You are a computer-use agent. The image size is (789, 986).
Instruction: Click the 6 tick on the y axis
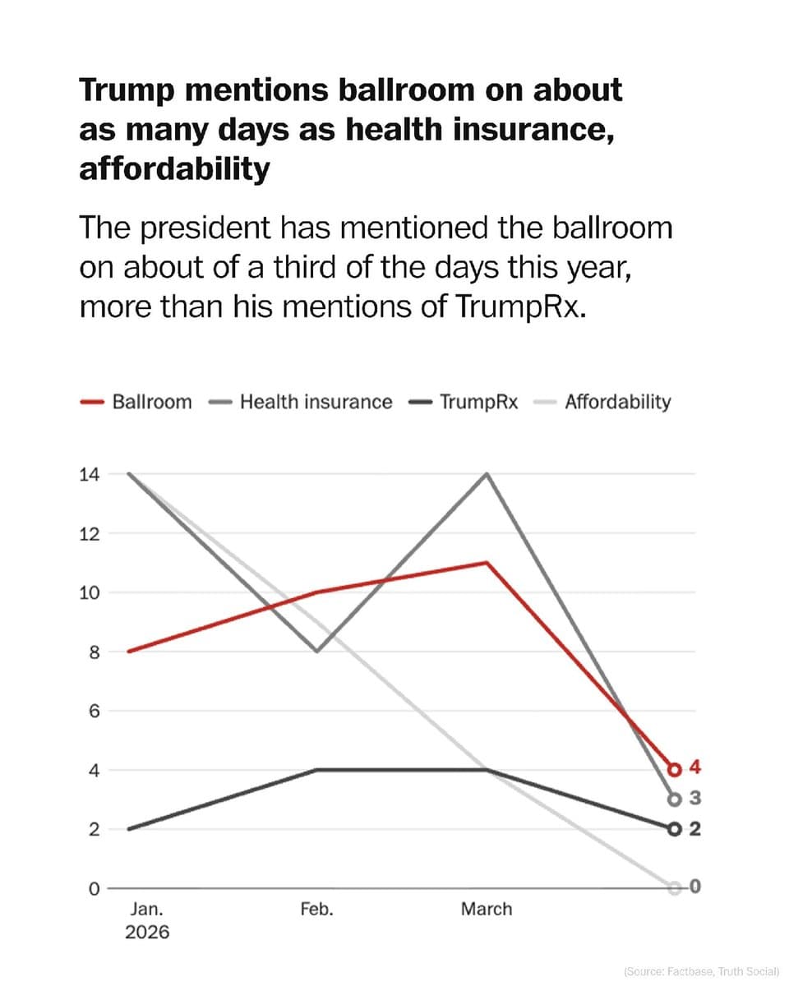coord(94,711)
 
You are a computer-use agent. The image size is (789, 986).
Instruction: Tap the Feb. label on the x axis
coord(317,910)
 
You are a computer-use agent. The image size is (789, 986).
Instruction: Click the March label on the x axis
coord(486,910)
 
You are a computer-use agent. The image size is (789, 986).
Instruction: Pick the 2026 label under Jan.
coord(147,933)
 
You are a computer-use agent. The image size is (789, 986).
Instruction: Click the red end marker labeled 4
coord(675,770)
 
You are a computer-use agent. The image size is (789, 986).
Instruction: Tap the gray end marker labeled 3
coord(675,799)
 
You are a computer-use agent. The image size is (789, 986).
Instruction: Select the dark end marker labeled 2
coord(675,829)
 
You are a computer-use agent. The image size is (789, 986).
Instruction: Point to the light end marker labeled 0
coord(675,888)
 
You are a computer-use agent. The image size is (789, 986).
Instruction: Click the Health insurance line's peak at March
coord(488,474)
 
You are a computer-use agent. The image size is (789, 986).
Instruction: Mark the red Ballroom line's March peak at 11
coord(488,563)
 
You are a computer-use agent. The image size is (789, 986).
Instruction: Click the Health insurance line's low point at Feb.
coord(317,651)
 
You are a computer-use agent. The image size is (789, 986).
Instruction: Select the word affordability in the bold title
coord(174,168)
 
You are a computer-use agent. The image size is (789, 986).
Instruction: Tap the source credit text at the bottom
coord(701,971)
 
